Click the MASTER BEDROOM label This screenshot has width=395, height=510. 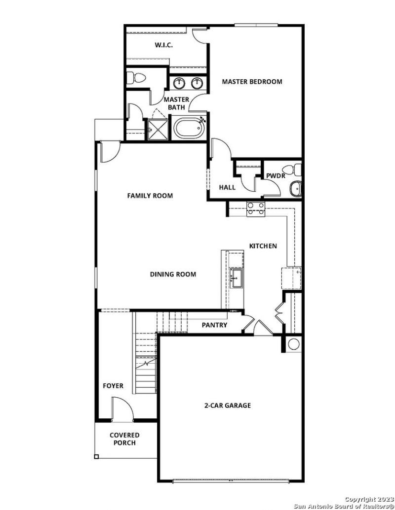(252, 82)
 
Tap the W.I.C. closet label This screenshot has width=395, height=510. (163, 45)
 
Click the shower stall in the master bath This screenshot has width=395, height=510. (158, 129)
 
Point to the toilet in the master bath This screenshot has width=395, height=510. (136, 78)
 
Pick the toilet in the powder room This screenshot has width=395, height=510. (295, 169)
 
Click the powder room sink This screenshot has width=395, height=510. (296, 188)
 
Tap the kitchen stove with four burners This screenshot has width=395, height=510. (255, 209)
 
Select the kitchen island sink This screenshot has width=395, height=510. (236, 277)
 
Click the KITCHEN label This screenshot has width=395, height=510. (263, 246)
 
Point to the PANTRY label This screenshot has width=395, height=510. (214, 325)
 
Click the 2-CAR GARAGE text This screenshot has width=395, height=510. (228, 406)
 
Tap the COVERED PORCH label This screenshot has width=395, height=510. (124, 439)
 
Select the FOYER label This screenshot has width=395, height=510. (113, 386)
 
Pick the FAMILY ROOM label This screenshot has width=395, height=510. (150, 196)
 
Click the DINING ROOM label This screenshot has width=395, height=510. (173, 274)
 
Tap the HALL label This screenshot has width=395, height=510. (227, 187)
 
